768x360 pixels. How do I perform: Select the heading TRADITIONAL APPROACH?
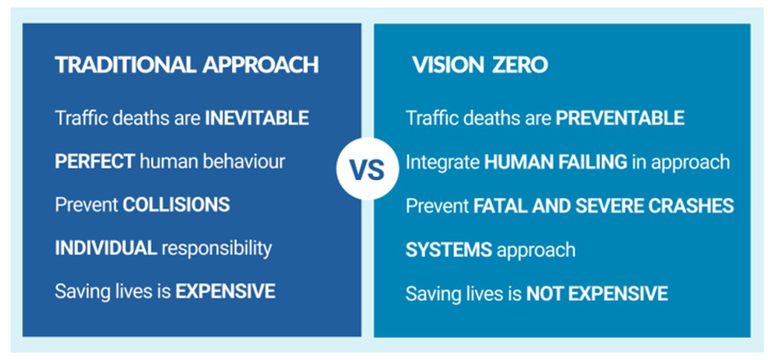186,65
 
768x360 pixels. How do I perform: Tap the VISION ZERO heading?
479,65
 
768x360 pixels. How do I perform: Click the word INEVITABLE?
256,118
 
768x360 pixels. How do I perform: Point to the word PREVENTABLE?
619,118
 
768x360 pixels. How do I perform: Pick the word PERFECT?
95,162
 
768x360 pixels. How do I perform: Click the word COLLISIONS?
176,205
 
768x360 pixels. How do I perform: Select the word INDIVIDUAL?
106,248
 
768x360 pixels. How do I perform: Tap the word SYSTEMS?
449,250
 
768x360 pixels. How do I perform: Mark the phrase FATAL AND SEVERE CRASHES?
603,206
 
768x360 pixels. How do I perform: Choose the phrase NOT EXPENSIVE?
596,293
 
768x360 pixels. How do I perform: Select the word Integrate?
442,162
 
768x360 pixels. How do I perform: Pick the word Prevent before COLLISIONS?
86,205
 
